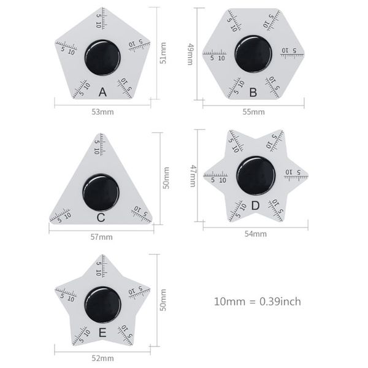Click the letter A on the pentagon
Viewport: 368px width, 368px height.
point(102,92)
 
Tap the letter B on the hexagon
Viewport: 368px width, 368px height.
point(253,92)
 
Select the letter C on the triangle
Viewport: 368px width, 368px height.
point(101,218)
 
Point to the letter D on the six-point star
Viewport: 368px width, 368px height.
point(255,205)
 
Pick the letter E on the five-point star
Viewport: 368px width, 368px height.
point(102,332)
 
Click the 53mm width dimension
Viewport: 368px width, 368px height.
point(102,112)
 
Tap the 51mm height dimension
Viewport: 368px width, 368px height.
point(163,53)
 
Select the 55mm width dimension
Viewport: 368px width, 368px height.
point(253,112)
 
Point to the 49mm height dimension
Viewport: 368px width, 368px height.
point(190,54)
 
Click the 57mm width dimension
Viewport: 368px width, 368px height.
point(102,237)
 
